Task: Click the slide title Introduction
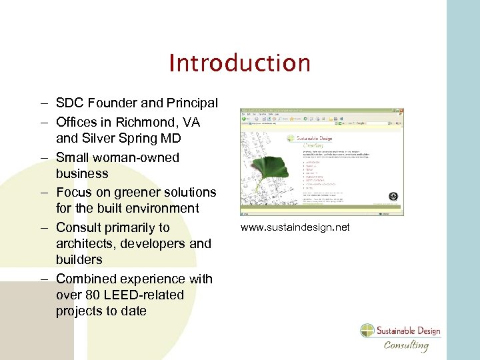[239, 63]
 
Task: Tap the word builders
[79, 260]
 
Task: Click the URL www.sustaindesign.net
[295, 228]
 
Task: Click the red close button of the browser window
[401, 111]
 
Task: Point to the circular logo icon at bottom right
[368, 331]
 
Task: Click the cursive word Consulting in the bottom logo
[406, 345]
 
